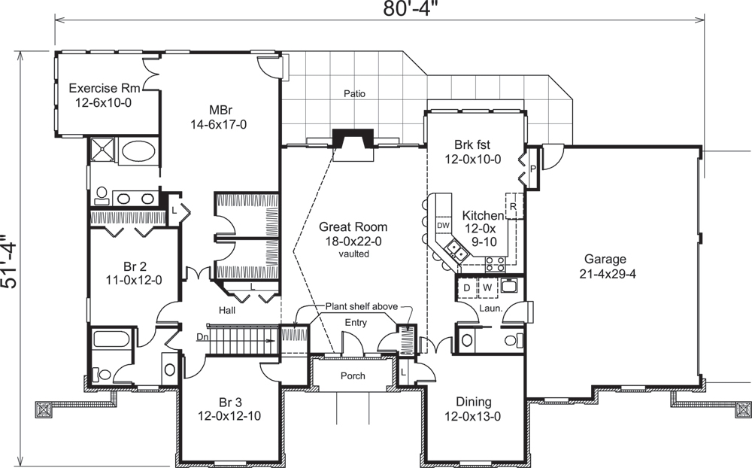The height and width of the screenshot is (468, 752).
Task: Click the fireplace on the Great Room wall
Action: point(352,141)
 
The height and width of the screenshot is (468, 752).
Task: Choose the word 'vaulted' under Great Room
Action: point(353,254)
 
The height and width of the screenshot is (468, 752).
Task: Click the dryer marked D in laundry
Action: point(466,287)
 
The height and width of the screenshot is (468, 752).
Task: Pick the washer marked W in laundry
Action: point(487,287)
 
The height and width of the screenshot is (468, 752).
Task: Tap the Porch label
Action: point(352,375)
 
